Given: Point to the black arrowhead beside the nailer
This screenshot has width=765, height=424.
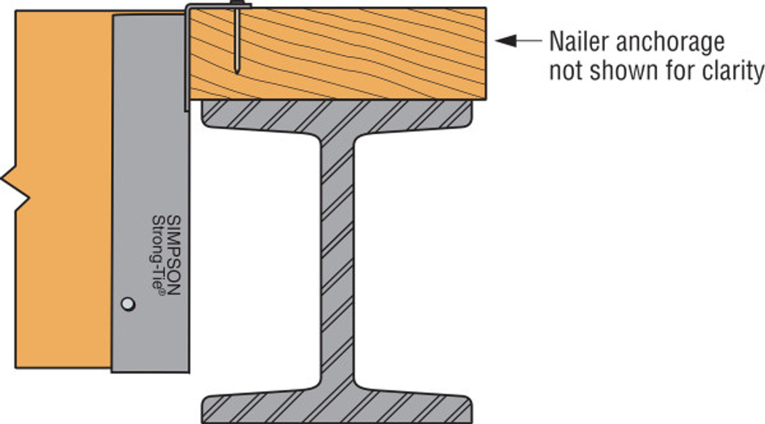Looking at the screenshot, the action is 506,41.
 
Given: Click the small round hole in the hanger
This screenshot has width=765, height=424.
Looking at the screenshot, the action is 128,304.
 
